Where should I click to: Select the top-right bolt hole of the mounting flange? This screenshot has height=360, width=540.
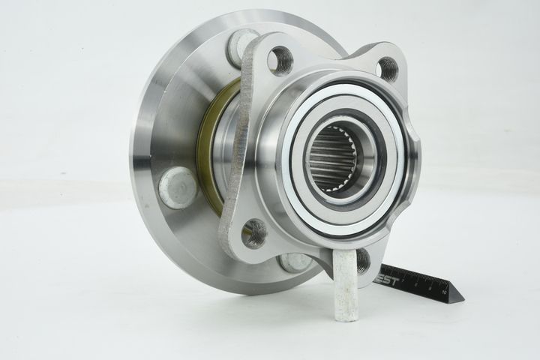click(x=388, y=69)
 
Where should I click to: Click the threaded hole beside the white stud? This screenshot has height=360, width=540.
click(x=362, y=259)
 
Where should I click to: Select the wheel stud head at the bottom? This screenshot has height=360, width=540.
click(x=295, y=262)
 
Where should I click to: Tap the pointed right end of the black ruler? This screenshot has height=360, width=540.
click(x=460, y=299)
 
